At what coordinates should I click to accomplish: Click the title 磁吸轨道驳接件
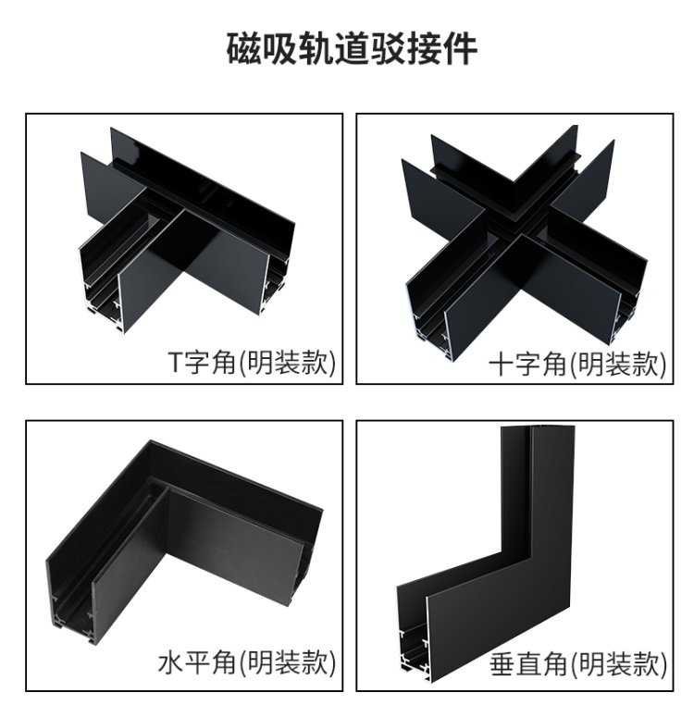pyautogui.click(x=352, y=48)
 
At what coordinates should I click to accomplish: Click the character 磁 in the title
pyautogui.click(x=243, y=48)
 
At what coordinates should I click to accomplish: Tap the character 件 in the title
pyautogui.click(x=460, y=48)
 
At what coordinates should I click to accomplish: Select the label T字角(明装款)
pyautogui.click(x=252, y=363)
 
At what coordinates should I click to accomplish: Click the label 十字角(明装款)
pyautogui.click(x=577, y=363)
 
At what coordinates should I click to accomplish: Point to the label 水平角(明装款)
pyautogui.click(x=247, y=662)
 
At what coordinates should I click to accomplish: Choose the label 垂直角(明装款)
pyautogui.click(x=577, y=663)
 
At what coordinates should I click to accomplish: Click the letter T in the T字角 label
pyautogui.click(x=176, y=363)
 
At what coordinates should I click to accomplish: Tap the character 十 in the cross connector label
pyautogui.click(x=502, y=363)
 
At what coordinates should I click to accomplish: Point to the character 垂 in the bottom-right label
pyautogui.click(x=502, y=663)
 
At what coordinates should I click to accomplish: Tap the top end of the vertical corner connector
pyautogui.click(x=538, y=427)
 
